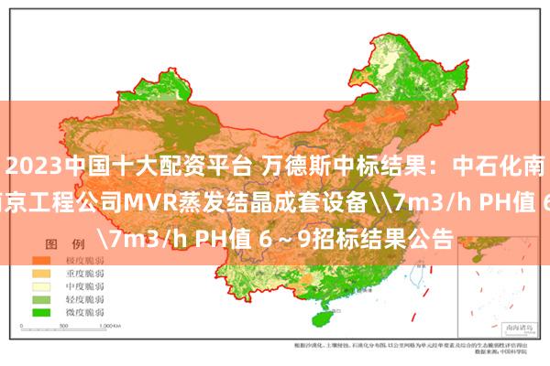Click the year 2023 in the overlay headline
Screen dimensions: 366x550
(x=33, y=168)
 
